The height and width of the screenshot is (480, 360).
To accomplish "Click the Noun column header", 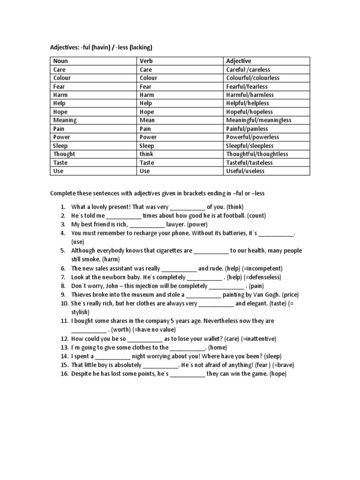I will pos(60,61).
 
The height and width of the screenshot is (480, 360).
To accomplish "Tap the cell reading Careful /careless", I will pos(248,69).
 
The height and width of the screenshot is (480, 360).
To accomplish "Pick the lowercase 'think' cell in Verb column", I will pos(146,154).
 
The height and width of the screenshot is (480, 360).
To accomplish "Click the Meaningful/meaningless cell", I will pos(258,120).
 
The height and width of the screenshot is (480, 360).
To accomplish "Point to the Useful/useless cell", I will pos(245,171).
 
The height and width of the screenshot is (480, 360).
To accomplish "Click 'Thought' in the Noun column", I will pos(64,154).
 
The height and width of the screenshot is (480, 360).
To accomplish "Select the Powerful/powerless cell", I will pos(252,137).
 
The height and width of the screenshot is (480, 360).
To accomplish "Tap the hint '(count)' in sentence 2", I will pos(256,216).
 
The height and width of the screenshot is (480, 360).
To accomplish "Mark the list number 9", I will pos(63,295).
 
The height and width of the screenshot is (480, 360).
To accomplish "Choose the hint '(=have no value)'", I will pos(154,330).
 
